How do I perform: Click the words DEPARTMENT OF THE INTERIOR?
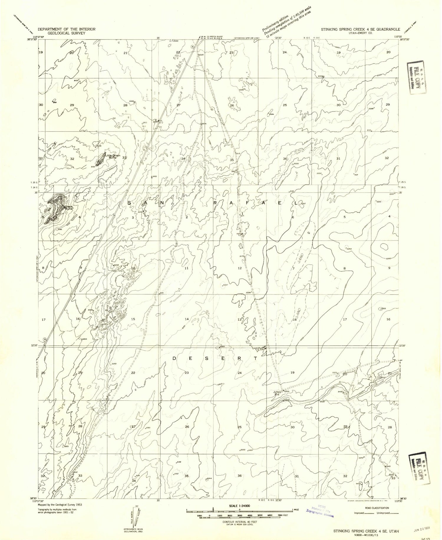pyautogui.click(x=66, y=29)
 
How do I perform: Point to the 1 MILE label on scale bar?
pyautogui.click(x=296, y=510)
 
